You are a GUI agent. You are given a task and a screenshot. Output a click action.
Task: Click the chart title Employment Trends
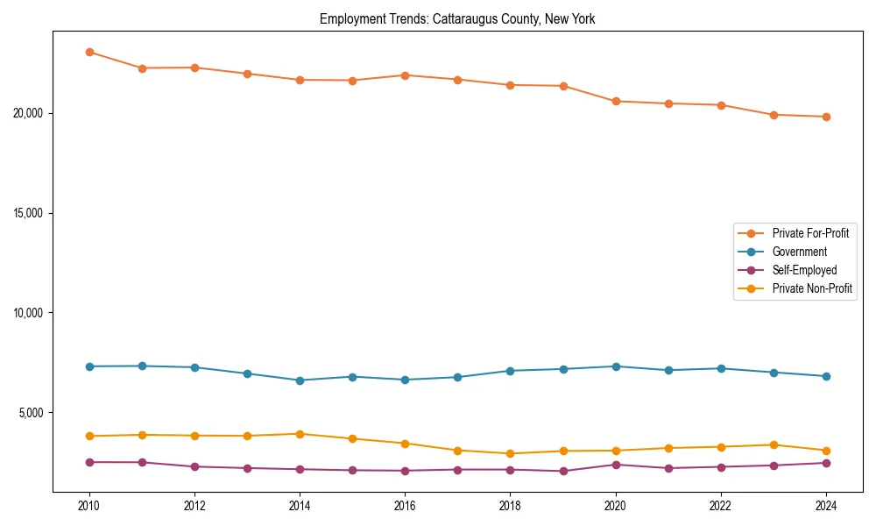click(x=457, y=19)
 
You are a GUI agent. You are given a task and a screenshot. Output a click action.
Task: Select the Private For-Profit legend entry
click(x=810, y=233)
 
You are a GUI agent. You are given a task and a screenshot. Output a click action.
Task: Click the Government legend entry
click(x=799, y=252)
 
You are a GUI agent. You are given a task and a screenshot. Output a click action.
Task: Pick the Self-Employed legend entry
click(x=804, y=270)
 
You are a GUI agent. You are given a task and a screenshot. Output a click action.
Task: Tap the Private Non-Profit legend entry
click(x=812, y=288)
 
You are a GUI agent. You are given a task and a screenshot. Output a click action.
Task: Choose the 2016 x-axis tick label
click(x=405, y=506)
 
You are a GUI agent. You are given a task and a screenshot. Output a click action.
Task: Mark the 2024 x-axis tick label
click(x=826, y=506)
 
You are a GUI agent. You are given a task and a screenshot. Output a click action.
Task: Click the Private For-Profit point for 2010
click(x=89, y=52)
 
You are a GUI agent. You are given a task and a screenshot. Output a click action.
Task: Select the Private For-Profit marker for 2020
click(x=616, y=102)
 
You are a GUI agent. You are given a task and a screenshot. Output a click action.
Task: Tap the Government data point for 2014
click(x=300, y=380)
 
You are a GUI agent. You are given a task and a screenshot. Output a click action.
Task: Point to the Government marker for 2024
click(x=826, y=376)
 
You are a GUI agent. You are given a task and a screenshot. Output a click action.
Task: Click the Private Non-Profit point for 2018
click(x=511, y=453)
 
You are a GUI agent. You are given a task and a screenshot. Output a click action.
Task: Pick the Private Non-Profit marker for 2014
click(x=300, y=434)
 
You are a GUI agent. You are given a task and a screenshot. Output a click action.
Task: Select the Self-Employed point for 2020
click(x=616, y=465)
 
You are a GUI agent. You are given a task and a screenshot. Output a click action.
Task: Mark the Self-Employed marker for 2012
click(x=194, y=466)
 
